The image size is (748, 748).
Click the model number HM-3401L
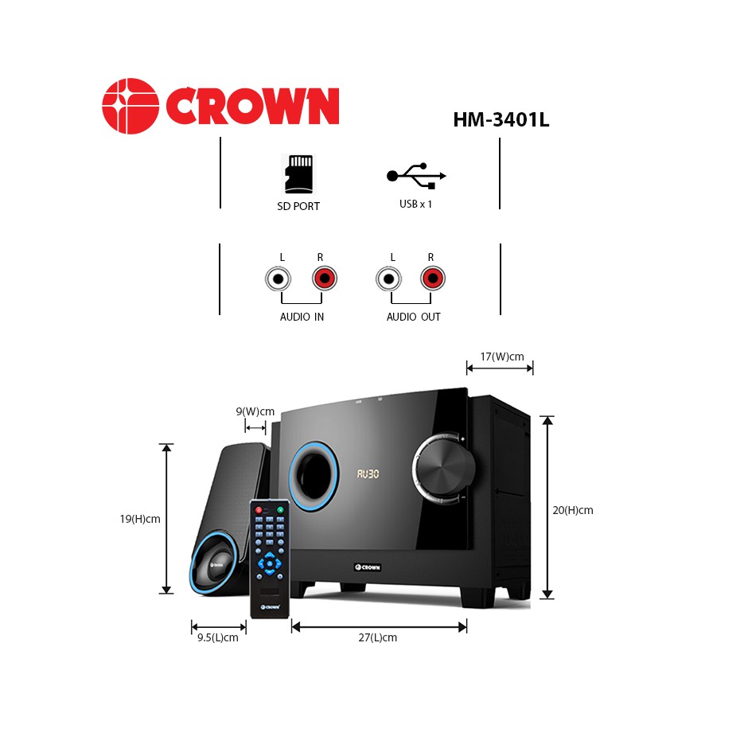[x=501, y=119]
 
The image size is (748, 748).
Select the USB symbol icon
[x=416, y=176]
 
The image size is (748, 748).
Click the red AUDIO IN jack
[x=324, y=279]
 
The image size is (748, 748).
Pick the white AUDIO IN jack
[x=278, y=279]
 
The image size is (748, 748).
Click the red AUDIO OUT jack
[x=432, y=279]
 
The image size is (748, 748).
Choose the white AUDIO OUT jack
[x=388, y=279]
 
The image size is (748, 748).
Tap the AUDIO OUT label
[x=413, y=317]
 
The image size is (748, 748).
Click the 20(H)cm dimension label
[x=573, y=510]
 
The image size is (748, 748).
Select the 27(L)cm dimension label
[x=378, y=637]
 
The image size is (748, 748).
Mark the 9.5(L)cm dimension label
[x=217, y=637]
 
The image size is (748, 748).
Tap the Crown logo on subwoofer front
[x=368, y=567]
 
